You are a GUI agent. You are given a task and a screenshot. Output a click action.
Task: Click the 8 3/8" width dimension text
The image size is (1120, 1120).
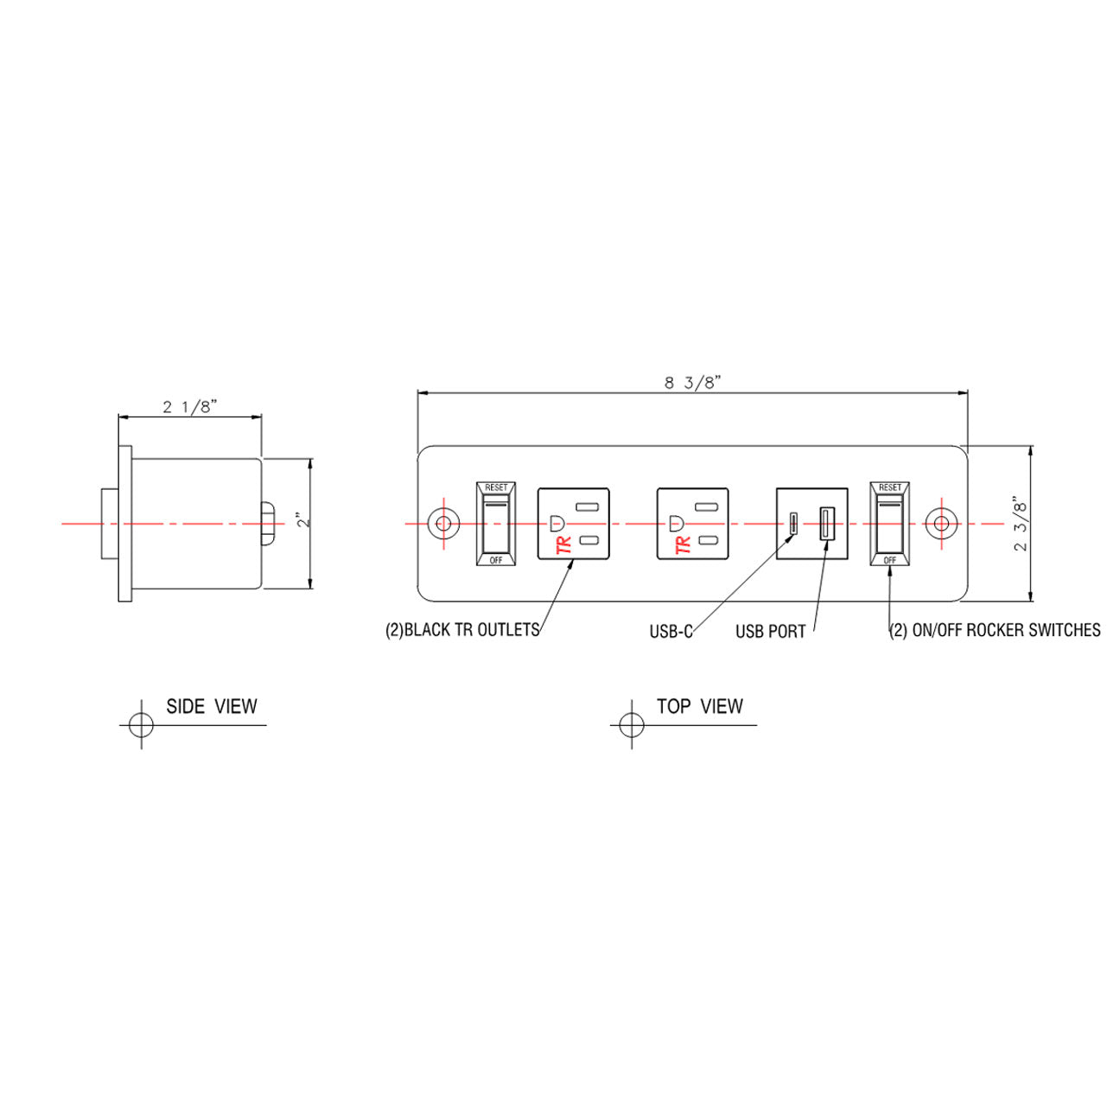692,383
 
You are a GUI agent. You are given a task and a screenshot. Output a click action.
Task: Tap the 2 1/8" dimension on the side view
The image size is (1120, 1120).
189,407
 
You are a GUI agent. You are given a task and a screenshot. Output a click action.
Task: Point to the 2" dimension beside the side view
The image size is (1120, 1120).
300,521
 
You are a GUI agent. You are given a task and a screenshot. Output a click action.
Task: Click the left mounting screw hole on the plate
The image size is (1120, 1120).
443,523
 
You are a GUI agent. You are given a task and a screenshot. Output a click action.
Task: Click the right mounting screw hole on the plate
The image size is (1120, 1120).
941,523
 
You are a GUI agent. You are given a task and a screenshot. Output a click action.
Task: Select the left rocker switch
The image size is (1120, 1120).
496,524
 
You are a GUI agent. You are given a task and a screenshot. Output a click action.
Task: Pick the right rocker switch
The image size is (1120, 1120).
889,524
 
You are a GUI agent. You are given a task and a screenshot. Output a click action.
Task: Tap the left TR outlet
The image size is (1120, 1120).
573,524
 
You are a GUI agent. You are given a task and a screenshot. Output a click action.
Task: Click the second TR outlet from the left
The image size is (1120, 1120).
692,524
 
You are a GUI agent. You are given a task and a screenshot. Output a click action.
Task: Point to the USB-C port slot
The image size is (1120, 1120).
792,523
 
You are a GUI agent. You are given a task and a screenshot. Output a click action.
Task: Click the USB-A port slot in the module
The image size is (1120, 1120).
825,523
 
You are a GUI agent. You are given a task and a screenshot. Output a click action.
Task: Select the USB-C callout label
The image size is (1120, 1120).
671,632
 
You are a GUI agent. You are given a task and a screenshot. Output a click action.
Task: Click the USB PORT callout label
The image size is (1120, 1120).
770,632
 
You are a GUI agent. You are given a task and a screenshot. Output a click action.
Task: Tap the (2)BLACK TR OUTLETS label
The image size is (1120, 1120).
462,630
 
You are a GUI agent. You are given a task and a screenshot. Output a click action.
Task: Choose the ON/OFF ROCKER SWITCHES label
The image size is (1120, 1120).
995,630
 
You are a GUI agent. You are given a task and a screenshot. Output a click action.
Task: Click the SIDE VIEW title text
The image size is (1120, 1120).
212,707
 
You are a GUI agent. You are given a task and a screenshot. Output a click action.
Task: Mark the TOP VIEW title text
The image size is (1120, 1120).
699,707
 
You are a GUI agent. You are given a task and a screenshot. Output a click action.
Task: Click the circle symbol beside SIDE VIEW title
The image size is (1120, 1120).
141,724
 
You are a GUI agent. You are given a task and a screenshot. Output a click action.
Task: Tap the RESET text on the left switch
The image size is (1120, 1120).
496,487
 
